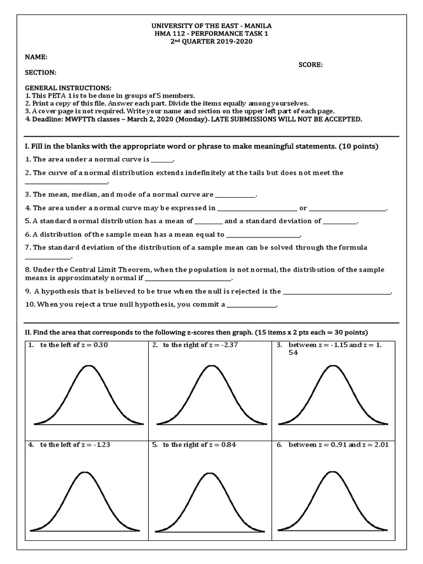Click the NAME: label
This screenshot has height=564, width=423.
(x=36, y=57)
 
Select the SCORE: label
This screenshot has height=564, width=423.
(x=311, y=64)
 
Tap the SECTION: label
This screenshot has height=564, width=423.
(x=40, y=72)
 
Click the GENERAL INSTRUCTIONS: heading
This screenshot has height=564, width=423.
(x=68, y=88)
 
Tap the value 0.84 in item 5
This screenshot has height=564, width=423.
(x=229, y=444)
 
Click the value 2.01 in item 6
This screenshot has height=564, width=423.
(x=379, y=444)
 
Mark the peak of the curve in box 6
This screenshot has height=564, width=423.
(x=332, y=472)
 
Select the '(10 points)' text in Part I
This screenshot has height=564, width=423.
(x=358, y=147)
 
